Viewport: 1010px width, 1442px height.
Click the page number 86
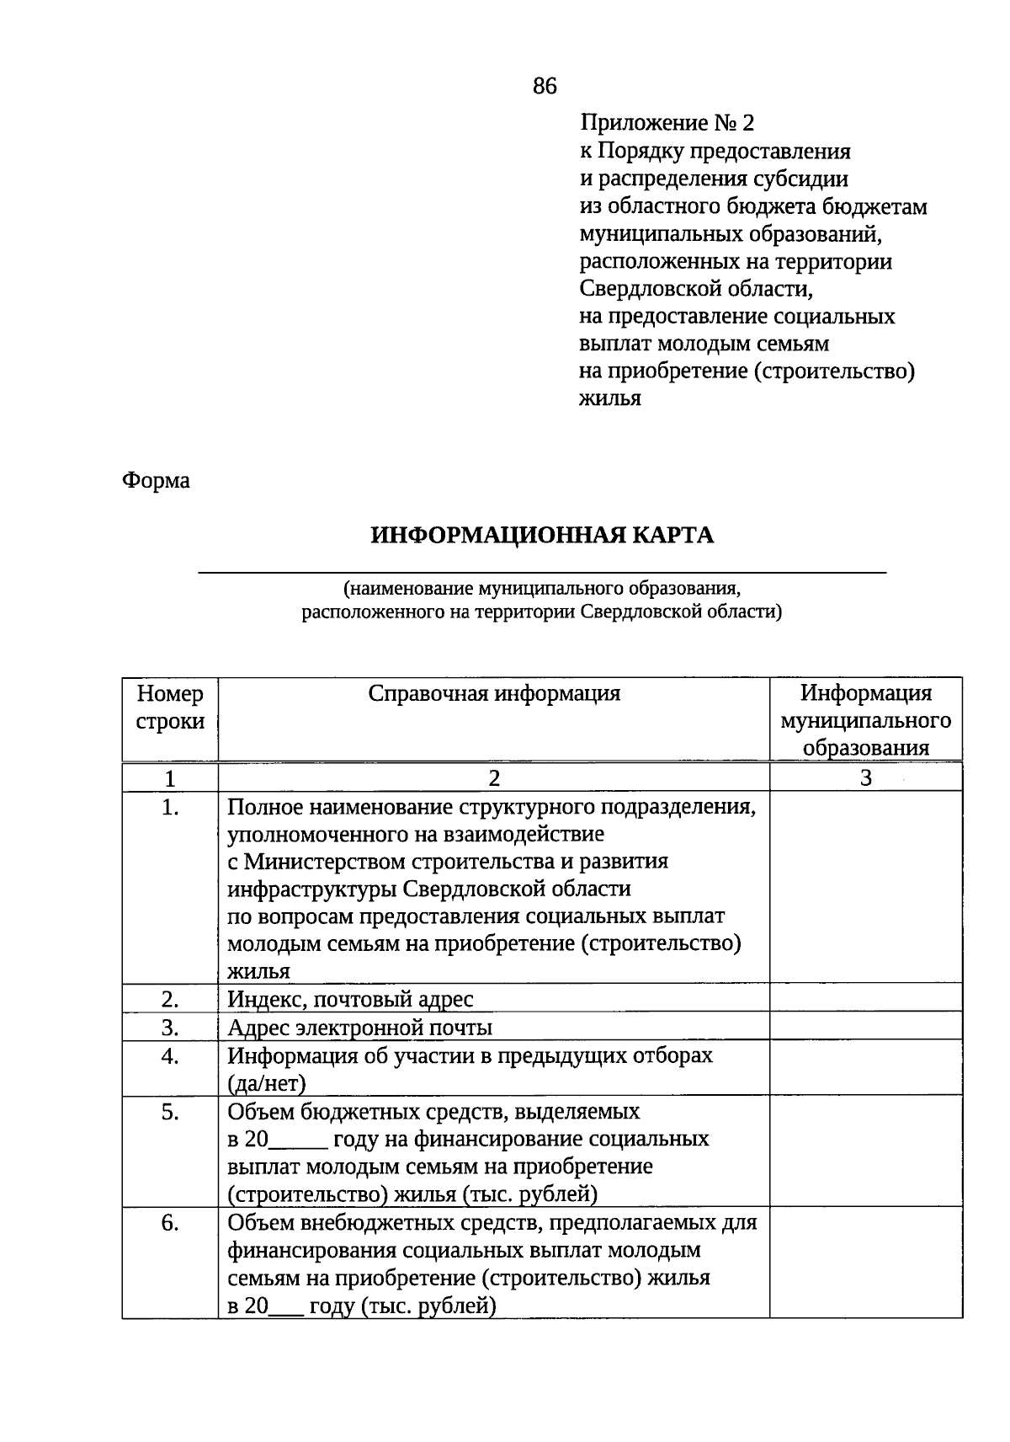[x=545, y=86]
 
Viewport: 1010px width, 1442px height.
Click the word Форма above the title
[x=157, y=481]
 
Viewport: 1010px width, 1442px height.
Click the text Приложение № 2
[x=667, y=124]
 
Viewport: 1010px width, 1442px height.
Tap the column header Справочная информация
[x=494, y=694]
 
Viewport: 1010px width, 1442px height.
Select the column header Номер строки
[x=170, y=708]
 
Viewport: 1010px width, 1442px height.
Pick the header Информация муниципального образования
[x=865, y=720]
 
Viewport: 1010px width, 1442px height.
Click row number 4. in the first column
[x=170, y=1056]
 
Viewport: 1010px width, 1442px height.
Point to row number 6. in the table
[x=170, y=1223]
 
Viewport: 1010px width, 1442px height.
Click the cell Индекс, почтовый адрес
[x=350, y=1000]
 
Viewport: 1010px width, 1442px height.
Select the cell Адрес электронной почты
[x=359, y=1028]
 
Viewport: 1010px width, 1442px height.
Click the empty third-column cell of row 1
[x=865, y=888]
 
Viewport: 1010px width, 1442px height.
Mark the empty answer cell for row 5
[x=865, y=1151]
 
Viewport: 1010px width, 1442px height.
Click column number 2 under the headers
[x=494, y=777]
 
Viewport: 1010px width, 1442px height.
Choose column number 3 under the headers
[x=865, y=777]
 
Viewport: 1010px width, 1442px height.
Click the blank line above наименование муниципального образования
[x=542, y=572]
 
